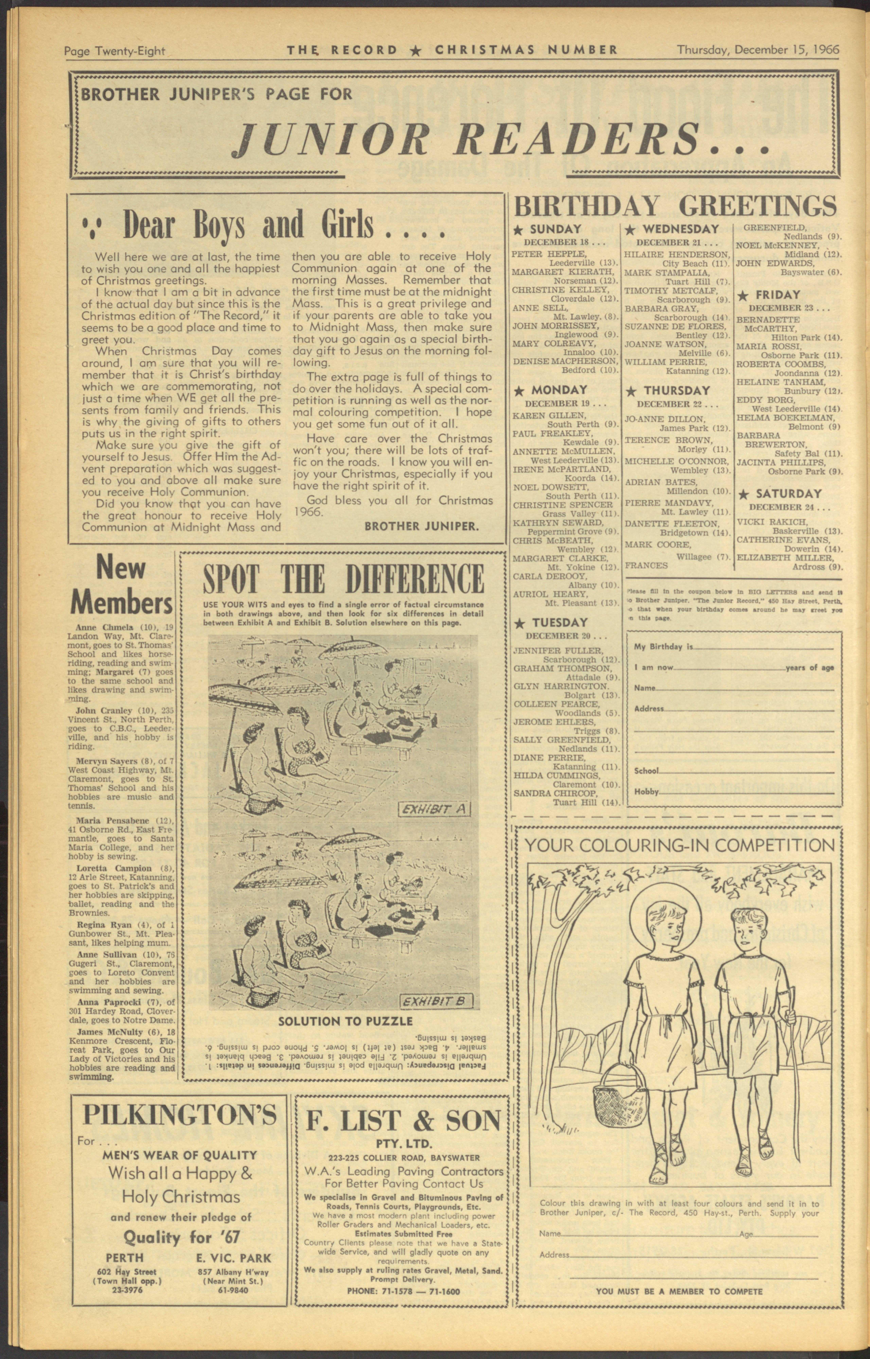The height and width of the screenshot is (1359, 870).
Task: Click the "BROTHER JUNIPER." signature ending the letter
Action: [421, 526]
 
